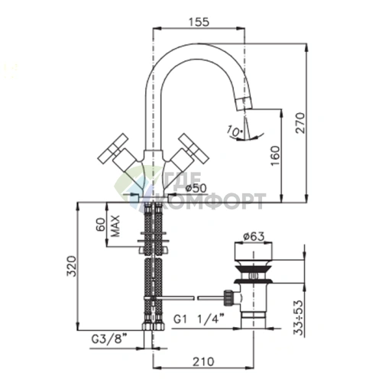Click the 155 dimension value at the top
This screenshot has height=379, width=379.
click(x=199, y=21)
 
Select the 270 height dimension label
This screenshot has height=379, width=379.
click(x=300, y=122)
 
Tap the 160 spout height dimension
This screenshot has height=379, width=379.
click(x=275, y=156)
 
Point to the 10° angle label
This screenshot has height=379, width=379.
click(x=234, y=131)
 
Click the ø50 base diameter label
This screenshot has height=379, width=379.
click(x=196, y=188)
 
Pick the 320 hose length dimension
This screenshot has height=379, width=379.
click(x=72, y=266)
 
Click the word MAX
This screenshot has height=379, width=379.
click(x=115, y=226)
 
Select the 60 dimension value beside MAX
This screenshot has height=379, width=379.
click(x=101, y=225)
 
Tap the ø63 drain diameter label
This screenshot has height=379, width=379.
click(x=254, y=237)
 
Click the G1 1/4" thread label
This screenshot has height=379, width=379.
click(x=199, y=319)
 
